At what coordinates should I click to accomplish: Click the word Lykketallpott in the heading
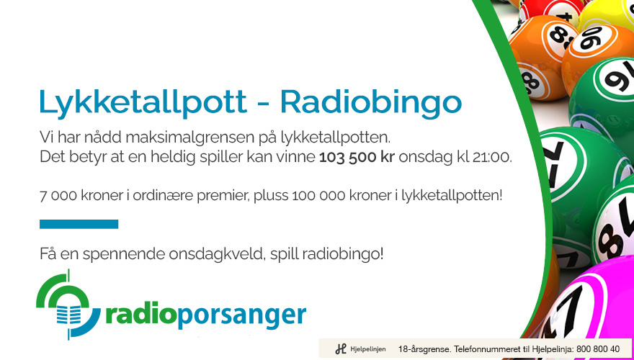point(143,102)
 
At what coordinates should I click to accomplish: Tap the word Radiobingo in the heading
point(371,102)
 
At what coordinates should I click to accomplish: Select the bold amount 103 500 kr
point(357,157)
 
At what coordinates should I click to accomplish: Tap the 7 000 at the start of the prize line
point(55,196)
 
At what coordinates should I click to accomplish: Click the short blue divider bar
point(79,224)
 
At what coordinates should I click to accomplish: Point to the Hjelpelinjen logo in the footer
point(360,348)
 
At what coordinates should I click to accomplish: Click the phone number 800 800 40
point(597,348)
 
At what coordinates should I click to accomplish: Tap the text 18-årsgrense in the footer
point(424,349)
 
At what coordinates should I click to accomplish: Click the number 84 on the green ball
point(616,234)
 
